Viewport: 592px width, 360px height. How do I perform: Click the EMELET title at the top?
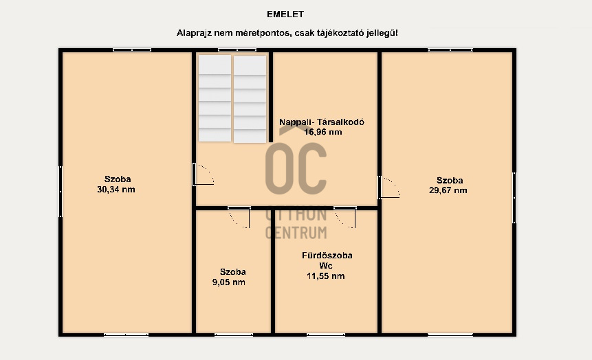(x=285, y=14)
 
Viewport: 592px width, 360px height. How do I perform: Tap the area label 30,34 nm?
(x=116, y=190)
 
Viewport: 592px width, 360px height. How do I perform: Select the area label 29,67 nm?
(x=448, y=190)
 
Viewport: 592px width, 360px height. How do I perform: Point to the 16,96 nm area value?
(x=322, y=132)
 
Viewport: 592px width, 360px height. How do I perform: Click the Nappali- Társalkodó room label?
(x=322, y=122)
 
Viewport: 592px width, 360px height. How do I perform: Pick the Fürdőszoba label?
(x=327, y=256)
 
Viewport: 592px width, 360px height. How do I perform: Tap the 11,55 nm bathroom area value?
(x=325, y=276)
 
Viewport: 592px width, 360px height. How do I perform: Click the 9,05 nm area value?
(x=229, y=282)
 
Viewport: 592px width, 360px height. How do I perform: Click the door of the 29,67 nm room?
(x=389, y=187)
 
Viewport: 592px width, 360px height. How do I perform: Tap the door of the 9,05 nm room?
(x=239, y=217)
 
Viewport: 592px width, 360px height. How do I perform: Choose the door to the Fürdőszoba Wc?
(x=344, y=217)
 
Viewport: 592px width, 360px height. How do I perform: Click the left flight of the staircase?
(x=215, y=98)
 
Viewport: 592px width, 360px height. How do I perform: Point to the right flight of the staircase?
(x=250, y=99)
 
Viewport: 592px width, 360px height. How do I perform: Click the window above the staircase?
(x=237, y=50)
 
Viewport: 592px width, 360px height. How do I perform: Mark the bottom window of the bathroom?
(x=326, y=335)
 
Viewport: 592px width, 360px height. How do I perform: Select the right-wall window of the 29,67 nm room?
(x=514, y=198)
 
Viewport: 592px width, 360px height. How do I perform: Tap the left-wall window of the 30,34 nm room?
(x=61, y=192)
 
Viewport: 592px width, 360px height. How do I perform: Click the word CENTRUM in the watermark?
(x=296, y=233)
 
